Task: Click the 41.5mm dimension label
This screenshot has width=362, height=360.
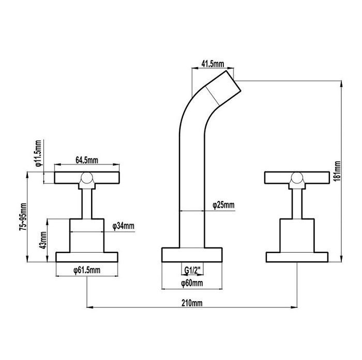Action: pyautogui.click(x=213, y=64)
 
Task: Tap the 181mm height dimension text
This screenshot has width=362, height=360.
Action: pyautogui.click(x=337, y=171)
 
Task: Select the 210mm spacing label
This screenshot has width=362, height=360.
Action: pyautogui.click(x=192, y=303)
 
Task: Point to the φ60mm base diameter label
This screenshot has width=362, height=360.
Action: pyautogui.click(x=192, y=283)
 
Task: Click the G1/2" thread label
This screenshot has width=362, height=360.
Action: pyautogui.click(x=192, y=270)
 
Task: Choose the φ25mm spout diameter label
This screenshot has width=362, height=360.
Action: pyautogui.click(x=223, y=205)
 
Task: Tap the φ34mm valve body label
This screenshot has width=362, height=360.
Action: pyautogui.click(x=123, y=226)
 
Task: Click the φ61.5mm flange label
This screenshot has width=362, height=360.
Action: pyautogui.click(x=87, y=270)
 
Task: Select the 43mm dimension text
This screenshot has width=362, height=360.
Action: pyautogui.click(x=43, y=240)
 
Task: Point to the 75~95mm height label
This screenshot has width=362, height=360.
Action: pyautogui.click(x=23, y=217)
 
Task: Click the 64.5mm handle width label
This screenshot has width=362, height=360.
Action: pyautogui.click(x=87, y=160)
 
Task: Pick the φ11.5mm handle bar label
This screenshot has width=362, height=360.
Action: pyautogui.click(x=38, y=153)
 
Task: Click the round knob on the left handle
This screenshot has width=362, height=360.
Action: pyautogui.click(x=87, y=178)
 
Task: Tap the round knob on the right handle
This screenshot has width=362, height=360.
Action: pyautogui.click(x=297, y=178)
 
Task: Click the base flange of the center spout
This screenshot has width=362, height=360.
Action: pyautogui.click(x=192, y=255)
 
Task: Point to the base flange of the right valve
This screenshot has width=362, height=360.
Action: pyautogui.click(x=297, y=257)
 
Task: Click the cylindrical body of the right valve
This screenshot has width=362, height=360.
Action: pyautogui.click(x=297, y=236)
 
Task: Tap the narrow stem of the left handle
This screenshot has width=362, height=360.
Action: pyautogui.click(x=87, y=204)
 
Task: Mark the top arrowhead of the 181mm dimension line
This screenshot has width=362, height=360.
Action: pyautogui.click(x=341, y=84)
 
